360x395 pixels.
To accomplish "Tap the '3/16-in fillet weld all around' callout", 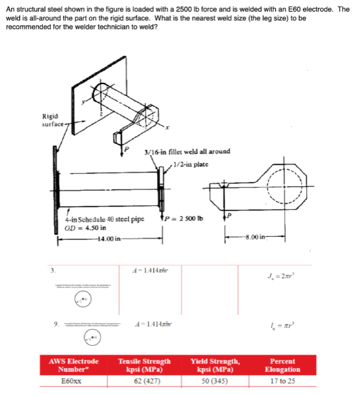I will point(187,151).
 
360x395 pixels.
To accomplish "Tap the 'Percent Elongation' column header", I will point(283,365).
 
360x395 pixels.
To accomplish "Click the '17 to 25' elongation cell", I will point(283,380).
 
